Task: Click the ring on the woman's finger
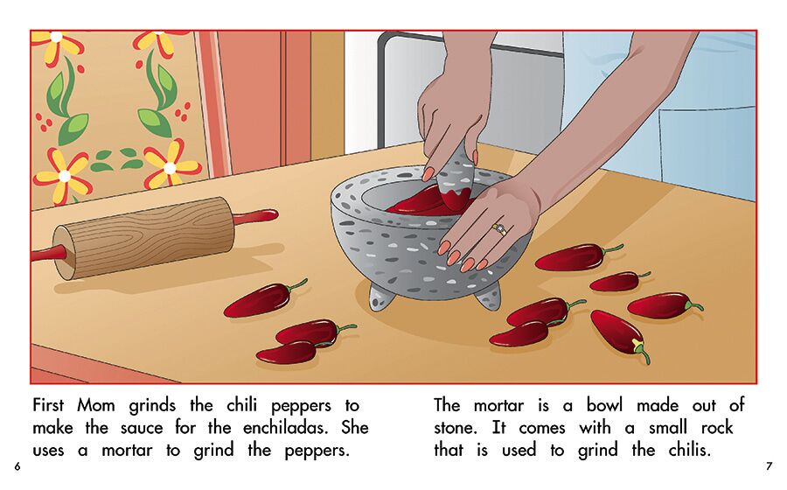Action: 499,229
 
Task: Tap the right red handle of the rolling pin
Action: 256,216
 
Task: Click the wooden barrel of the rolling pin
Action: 143,238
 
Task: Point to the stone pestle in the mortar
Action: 456,178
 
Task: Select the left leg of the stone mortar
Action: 381,297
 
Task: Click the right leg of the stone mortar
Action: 488,297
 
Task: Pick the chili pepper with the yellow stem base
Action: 620,334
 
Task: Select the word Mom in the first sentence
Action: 96,405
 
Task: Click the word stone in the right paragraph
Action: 455,428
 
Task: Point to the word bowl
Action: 604,404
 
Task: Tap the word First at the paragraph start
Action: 48,405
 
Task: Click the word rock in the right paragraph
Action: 717,428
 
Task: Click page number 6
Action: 17,466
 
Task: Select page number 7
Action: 769,466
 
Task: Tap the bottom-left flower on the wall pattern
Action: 64,176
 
